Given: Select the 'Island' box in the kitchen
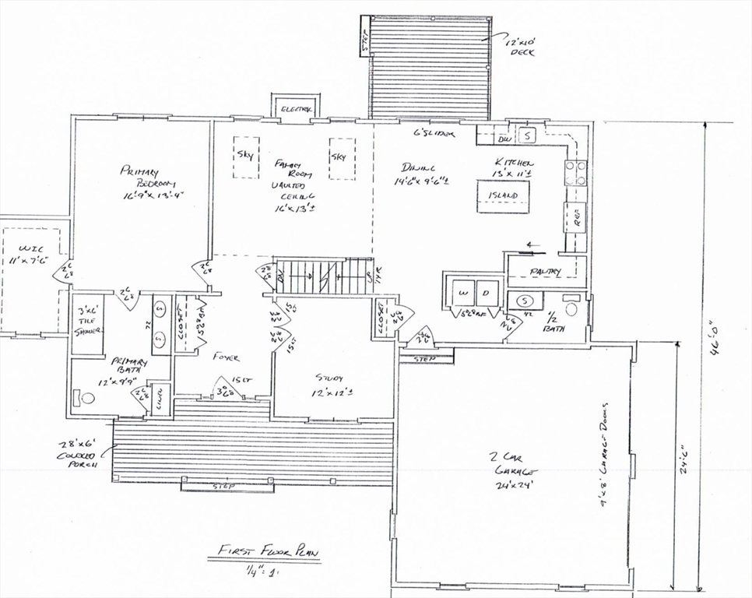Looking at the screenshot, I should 502,195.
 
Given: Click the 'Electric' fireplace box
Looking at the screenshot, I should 295,108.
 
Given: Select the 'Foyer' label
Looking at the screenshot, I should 225,357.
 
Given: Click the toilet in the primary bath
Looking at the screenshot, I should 86,398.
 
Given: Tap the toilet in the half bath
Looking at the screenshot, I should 572,308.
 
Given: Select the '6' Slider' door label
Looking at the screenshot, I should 434,133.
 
